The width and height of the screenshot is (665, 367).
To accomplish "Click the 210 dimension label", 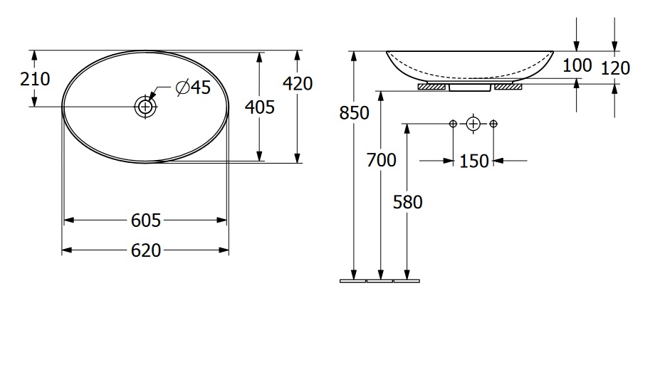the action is (x=35, y=79).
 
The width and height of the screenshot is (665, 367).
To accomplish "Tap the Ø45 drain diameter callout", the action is (x=193, y=87).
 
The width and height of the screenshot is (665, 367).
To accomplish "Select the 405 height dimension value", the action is (x=260, y=107).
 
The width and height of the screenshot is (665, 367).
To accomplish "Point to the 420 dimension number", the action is (x=298, y=83).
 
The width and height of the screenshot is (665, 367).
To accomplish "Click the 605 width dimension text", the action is (x=146, y=220).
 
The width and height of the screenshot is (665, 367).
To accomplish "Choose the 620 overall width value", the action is (x=146, y=250).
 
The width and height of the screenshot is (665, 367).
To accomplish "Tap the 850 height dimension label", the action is (x=354, y=113).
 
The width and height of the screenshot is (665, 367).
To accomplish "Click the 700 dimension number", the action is (x=382, y=160).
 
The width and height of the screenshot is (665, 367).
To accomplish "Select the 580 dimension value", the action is (x=407, y=202).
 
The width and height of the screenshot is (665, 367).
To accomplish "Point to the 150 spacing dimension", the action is (x=474, y=161).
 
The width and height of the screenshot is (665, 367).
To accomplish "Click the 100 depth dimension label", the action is (x=577, y=65).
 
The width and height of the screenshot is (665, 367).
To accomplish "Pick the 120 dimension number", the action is (x=615, y=68).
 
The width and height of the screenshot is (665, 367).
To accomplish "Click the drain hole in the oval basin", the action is (x=145, y=107).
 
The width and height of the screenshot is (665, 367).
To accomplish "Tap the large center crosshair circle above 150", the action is (x=473, y=124).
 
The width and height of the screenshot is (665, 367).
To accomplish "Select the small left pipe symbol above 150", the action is (x=453, y=124).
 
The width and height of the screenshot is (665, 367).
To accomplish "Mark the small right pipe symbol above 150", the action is (x=493, y=124).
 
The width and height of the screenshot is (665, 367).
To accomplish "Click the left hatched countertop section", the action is (x=431, y=87).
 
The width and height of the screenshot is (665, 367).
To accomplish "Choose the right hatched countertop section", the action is (x=508, y=87).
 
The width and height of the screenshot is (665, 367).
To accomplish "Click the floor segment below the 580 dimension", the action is (x=407, y=281).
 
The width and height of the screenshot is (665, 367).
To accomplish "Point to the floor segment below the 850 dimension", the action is (x=353, y=281).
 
